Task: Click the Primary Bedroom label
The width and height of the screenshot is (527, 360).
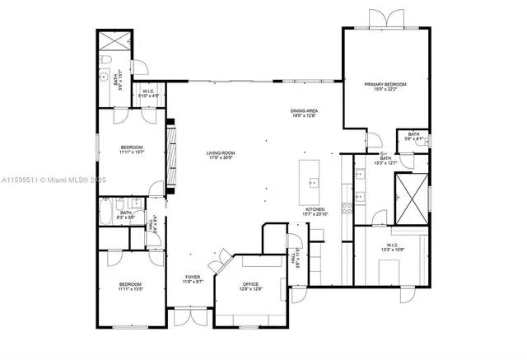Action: click(x=385, y=86)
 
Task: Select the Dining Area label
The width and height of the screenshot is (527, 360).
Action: click(x=304, y=114)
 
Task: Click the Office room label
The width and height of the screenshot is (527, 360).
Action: click(x=250, y=286)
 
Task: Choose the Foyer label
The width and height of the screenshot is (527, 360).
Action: click(x=192, y=279)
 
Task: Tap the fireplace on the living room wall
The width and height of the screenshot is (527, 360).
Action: click(x=171, y=157)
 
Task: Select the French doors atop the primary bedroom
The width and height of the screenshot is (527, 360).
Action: click(x=386, y=20)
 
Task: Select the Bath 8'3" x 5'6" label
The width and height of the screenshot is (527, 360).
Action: click(x=126, y=215)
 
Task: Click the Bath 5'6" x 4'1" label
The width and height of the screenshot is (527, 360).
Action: click(x=413, y=137)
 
